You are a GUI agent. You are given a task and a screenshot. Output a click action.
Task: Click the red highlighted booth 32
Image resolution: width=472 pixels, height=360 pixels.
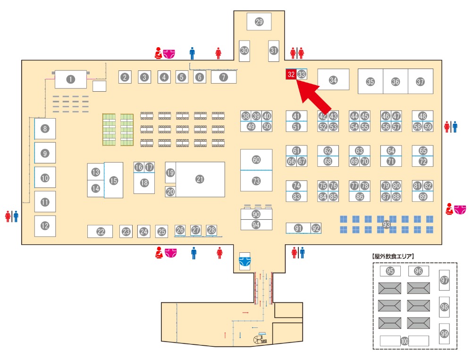pos(291,74)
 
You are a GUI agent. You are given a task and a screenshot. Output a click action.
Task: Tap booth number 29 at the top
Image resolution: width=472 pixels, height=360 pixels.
pos(259,22)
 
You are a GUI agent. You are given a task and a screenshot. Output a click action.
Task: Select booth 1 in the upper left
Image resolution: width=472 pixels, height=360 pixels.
pos(71,79)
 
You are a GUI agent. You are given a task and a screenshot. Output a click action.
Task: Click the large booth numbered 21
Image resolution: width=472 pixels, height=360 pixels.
pos(200,179)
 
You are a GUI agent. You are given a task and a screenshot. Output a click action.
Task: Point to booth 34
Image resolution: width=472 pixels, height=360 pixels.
pos(333,80)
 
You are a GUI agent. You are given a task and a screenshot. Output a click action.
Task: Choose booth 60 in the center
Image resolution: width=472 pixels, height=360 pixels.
pos(256,160)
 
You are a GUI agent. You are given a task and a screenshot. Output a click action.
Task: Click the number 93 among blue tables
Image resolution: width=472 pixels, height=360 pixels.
pos(387,223)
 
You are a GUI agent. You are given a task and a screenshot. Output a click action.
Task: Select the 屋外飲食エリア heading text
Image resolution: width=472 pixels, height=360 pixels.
pos(393,257)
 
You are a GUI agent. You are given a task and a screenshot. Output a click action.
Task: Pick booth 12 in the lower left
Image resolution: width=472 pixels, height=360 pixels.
pos(45,226)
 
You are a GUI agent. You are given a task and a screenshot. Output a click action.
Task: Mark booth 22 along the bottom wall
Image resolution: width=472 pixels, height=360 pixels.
pos(100,231)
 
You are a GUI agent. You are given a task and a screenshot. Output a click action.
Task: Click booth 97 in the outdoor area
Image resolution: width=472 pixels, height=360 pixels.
pos(444,280)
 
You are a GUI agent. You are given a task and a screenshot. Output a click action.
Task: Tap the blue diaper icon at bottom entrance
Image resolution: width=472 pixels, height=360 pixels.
pos(244,260)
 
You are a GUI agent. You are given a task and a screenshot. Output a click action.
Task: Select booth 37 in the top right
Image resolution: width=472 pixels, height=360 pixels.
pos(420,81)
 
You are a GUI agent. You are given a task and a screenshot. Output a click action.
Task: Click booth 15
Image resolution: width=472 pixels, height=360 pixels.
pos(113,180)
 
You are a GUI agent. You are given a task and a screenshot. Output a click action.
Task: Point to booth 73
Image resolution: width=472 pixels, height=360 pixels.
pos(256,181)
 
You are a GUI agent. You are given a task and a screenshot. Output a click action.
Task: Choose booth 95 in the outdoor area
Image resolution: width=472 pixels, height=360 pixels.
pos(390,271)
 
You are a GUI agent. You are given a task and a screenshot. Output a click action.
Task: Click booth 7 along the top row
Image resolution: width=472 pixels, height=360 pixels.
pos(223,77)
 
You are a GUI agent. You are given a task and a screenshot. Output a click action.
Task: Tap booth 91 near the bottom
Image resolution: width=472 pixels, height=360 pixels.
pos(298,228)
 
